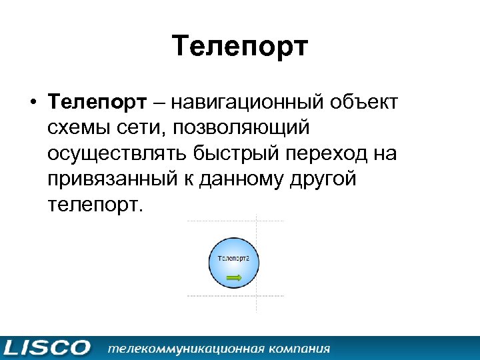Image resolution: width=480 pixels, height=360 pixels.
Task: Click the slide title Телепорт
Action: [x=240, y=47]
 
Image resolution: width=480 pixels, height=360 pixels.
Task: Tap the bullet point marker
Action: [x=32, y=103]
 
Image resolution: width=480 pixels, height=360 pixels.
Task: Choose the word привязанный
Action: [x=107, y=179]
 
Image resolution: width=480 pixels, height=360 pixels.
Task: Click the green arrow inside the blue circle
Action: [x=234, y=276]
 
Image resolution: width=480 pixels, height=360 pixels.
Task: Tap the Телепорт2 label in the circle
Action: [x=234, y=257]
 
